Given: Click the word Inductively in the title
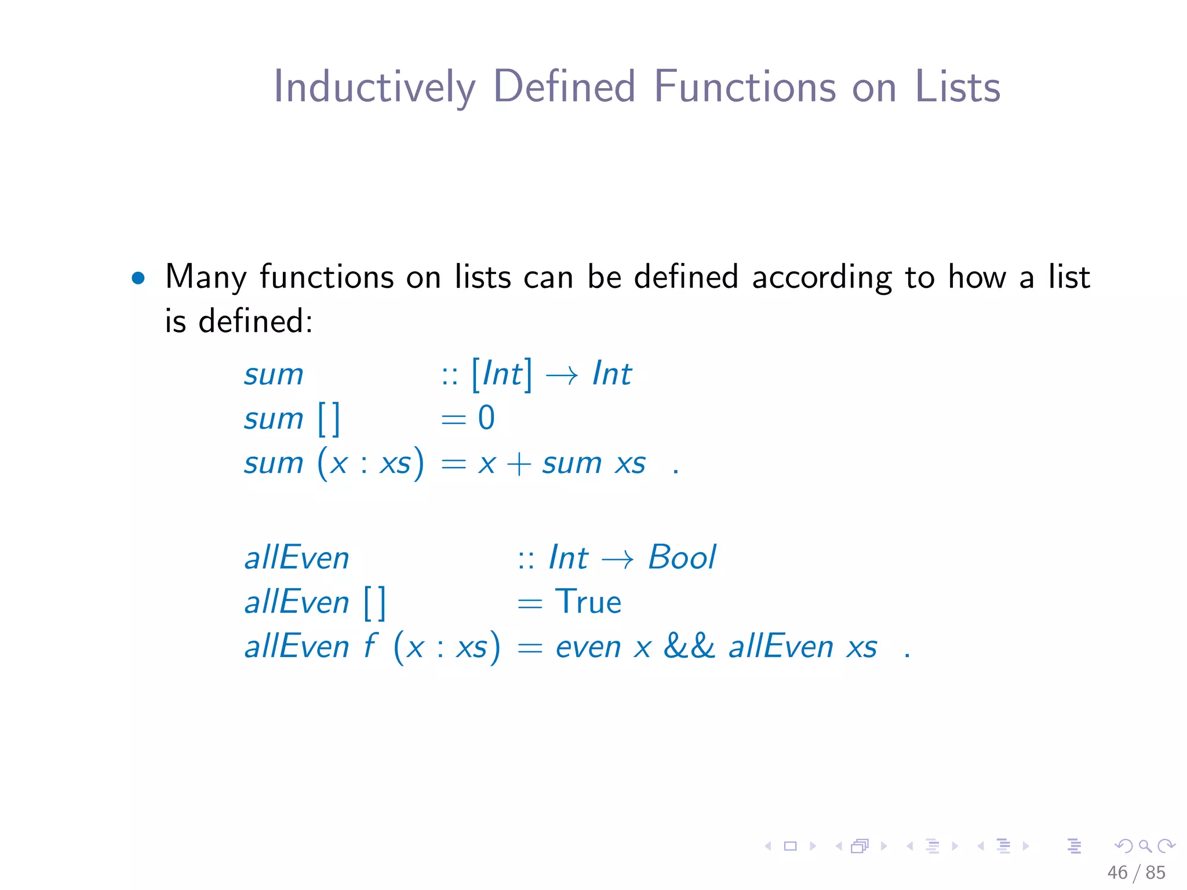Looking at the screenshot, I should pos(374,87).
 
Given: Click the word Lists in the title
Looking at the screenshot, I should pos(957,87).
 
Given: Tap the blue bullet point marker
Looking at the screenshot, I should pos(138,278).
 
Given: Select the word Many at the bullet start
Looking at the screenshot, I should pos(206,277).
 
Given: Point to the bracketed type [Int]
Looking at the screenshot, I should pos(501,374).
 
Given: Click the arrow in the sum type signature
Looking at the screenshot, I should pos(562,375).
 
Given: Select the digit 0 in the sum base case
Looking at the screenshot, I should pos(486,418).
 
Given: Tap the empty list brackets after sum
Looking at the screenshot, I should pos(329,419).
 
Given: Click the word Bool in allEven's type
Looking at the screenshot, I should pos(682,557).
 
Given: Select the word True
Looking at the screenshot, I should pos(588,602).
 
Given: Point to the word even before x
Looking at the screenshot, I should pos(588,647).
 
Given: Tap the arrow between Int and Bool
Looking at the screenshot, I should pos(617,559).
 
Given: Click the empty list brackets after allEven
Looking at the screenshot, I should pos(374,603).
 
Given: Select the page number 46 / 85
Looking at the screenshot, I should pos(1135,872).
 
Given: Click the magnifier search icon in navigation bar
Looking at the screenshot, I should pos(1145,846).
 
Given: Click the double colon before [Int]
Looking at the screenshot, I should pos(449,375).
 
